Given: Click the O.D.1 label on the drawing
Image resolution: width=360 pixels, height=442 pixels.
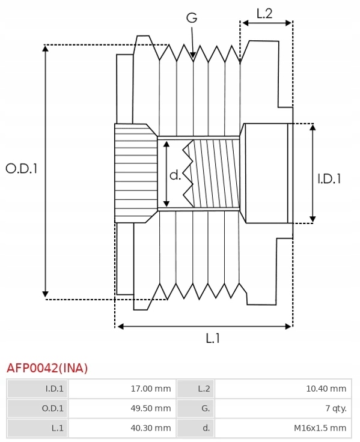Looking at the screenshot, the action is (x=22, y=169).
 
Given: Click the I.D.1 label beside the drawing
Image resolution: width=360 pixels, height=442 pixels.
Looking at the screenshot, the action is (x=329, y=179).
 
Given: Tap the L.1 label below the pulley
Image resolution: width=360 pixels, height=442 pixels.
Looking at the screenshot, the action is (x=213, y=338).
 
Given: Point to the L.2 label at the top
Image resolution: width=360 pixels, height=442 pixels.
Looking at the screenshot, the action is (x=264, y=13).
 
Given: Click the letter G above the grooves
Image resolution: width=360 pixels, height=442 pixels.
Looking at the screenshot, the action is (x=192, y=18).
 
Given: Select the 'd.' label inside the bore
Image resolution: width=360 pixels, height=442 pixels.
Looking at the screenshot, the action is (x=175, y=175).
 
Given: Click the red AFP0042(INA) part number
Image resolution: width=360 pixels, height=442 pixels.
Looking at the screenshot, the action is (x=47, y=368).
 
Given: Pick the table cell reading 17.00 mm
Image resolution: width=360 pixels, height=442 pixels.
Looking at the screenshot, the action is (x=151, y=389).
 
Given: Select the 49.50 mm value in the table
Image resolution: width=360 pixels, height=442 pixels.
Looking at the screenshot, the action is (x=151, y=408).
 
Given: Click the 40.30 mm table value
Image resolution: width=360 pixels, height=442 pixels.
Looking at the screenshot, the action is (x=151, y=428).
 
